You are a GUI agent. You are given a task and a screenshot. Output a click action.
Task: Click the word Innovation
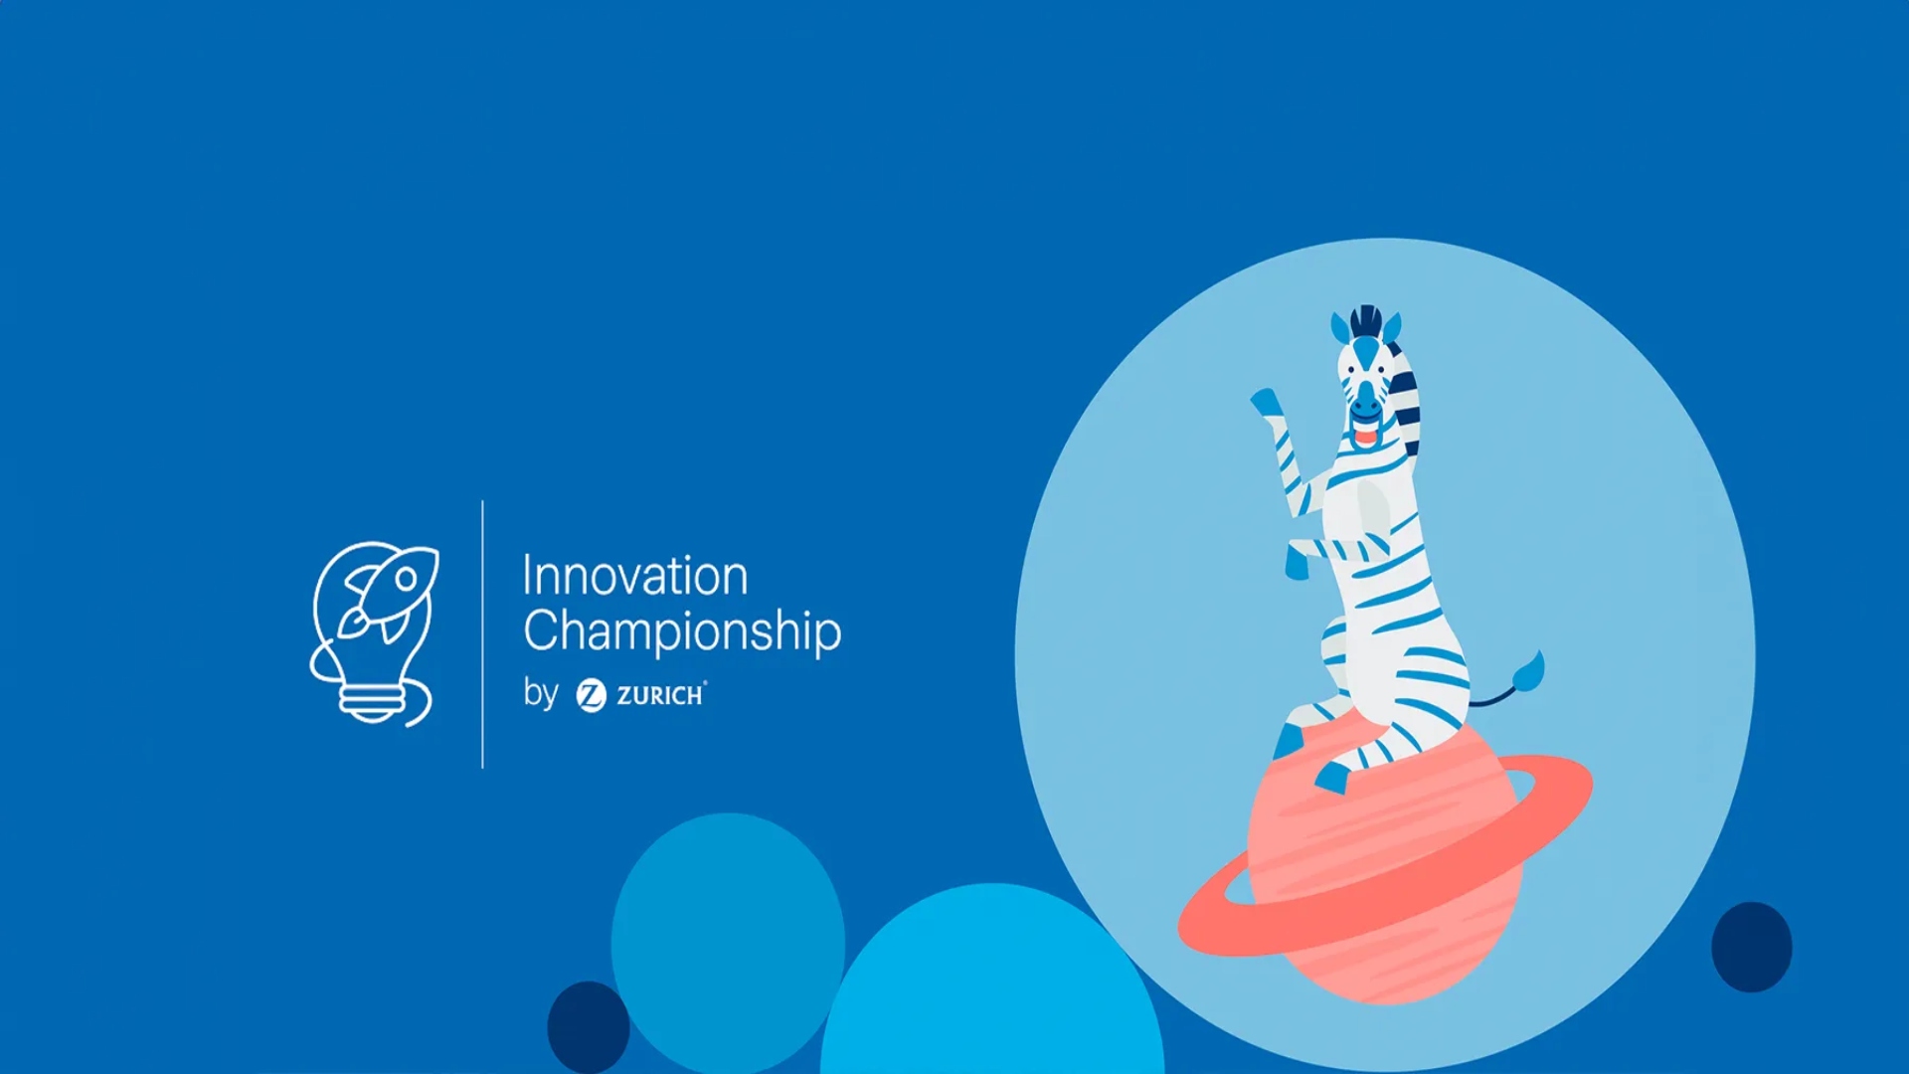point(635,576)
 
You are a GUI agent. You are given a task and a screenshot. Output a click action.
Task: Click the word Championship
point(682,631)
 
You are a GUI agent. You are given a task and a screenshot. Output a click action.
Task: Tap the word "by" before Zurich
point(541,692)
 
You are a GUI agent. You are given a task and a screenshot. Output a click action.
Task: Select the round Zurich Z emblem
point(591,695)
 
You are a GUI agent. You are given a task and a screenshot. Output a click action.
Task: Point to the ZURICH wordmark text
point(661,695)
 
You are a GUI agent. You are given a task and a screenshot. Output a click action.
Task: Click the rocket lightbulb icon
point(374,633)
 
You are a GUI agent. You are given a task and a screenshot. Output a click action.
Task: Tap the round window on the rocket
point(406,578)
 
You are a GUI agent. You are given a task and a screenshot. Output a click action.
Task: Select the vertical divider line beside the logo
point(483,634)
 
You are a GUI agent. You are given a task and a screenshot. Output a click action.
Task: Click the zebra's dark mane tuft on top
point(1366,320)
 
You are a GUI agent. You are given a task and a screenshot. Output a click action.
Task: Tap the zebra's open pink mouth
point(1366,435)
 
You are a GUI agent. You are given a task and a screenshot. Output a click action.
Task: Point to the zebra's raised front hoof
point(1265,402)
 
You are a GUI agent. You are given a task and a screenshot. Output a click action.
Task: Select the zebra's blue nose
point(1365,403)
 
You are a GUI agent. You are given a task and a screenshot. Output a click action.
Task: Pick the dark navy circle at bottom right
point(1752,947)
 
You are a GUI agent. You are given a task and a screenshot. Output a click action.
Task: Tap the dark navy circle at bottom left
point(589,1028)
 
